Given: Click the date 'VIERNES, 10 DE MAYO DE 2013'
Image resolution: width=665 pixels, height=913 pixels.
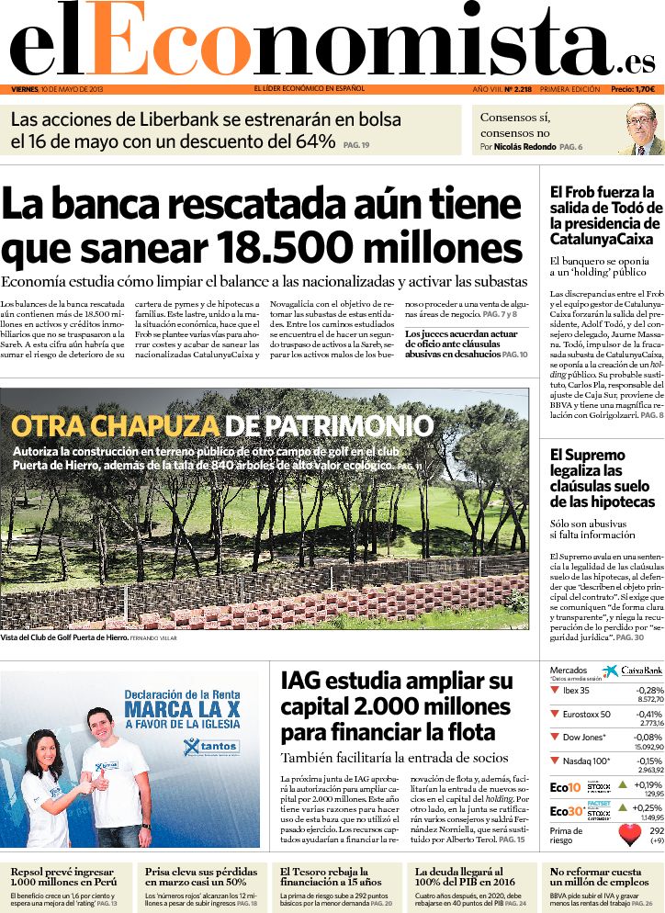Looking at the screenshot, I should (57, 89).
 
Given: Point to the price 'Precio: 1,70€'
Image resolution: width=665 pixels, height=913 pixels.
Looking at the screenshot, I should (633, 89).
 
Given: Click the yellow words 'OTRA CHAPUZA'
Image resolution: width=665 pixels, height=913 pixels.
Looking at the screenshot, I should (115, 426).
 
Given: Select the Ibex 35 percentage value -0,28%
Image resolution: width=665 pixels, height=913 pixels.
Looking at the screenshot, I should (649, 690).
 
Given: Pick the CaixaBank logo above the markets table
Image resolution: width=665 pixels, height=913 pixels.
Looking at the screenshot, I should (633, 671).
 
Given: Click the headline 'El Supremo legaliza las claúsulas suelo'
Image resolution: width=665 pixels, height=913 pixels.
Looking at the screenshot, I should (602, 478).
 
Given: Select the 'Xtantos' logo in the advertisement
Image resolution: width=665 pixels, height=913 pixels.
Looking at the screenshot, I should (211, 746).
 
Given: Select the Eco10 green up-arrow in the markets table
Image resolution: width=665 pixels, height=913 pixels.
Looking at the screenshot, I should (623, 784).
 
